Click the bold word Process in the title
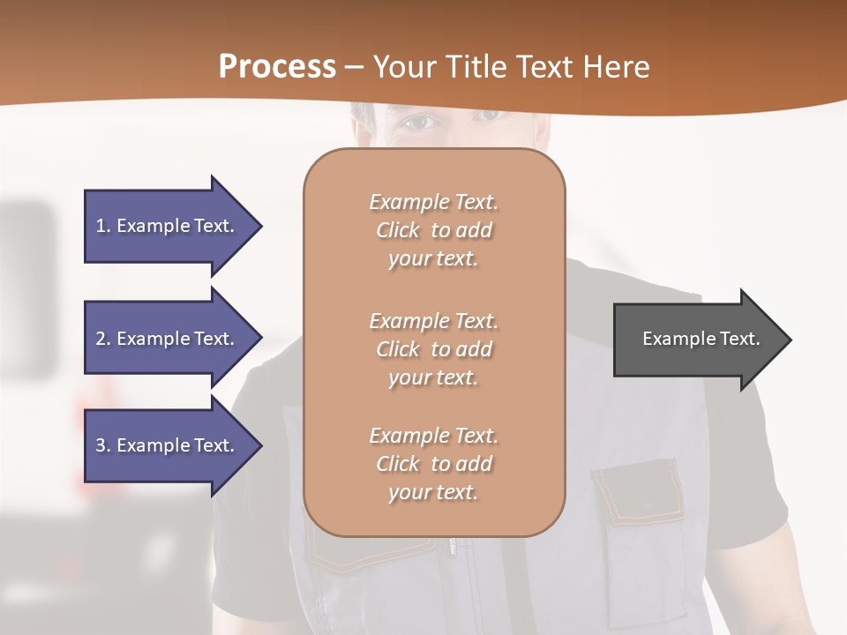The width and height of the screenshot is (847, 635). pos(277,67)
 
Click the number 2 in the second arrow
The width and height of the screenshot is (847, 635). pos(101,339)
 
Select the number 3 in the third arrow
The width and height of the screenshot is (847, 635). pos(101,445)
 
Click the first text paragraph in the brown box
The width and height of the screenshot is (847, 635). pos(433,230)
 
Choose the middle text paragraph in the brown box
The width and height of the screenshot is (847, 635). pos(433,348)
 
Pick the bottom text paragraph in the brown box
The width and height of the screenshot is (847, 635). pos(433,464)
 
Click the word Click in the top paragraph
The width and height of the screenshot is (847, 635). pos(398,230)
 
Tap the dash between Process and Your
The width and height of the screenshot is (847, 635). pos(355,67)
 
